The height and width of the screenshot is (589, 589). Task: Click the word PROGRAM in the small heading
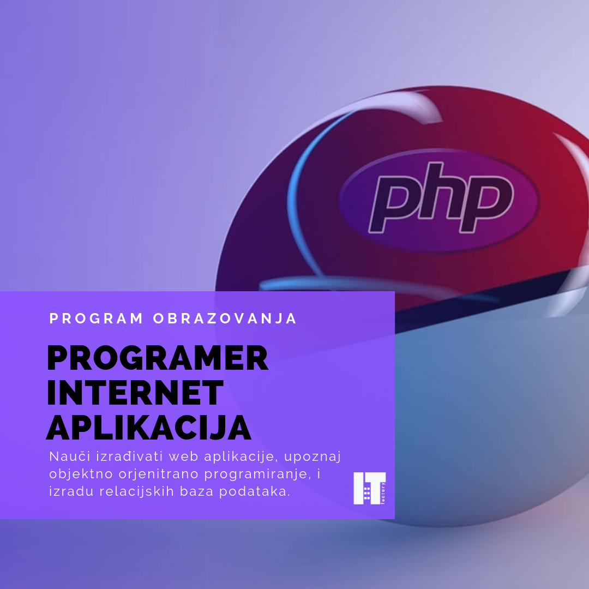96,318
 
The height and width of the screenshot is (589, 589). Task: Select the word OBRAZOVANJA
225,318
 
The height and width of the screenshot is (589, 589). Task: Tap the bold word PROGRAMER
158,358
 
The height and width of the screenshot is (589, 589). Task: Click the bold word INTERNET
135,393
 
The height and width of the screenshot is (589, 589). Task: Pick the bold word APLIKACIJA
149,428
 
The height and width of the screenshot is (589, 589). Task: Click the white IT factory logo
370,488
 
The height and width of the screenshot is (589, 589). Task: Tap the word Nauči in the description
70,456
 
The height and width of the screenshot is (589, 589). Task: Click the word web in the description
183,457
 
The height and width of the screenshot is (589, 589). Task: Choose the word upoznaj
312,458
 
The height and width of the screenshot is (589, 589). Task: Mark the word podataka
255,492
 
